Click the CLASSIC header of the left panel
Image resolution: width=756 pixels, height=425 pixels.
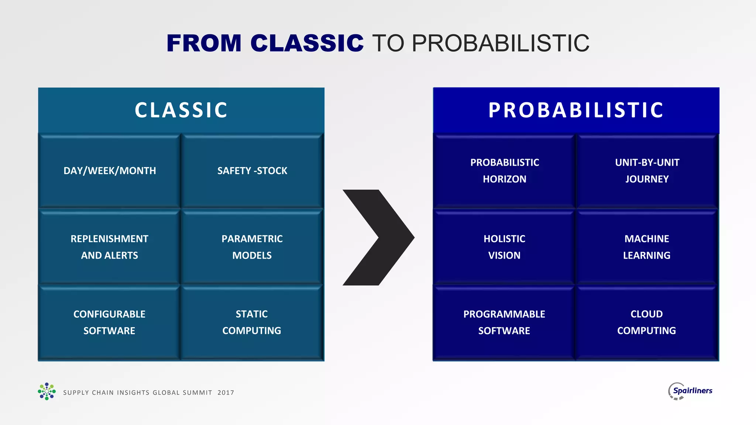(x=181, y=110)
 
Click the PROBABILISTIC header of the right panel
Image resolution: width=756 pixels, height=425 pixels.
(x=576, y=110)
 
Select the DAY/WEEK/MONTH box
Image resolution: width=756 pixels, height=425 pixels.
(x=110, y=171)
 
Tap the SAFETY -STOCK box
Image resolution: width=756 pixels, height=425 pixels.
(x=252, y=171)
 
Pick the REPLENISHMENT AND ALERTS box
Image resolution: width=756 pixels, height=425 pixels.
(x=110, y=247)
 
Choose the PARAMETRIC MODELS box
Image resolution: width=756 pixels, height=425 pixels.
(x=252, y=247)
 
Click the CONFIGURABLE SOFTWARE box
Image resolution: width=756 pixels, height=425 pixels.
(x=110, y=322)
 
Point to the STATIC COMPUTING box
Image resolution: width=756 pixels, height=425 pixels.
(x=252, y=322)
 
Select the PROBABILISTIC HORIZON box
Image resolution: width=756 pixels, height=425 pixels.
(x=505, y=171)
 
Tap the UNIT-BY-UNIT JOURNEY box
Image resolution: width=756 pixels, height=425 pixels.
(x=647, y=171)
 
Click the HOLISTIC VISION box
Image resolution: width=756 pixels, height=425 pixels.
(x=505, y=247)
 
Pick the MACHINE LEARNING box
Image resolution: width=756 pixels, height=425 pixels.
(x=647, y=247)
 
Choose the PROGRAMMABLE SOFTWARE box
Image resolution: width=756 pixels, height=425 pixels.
(x=505, y=322)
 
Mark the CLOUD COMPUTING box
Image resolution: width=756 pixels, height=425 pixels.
(x=647, y=322)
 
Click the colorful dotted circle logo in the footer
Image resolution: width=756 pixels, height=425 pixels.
(x=47, y=391)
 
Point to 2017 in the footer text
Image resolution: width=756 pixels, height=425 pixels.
(x=226, y=393)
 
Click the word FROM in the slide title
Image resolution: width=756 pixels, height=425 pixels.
(x=204, y=43)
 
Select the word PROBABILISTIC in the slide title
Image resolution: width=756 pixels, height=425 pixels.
(x=500, y=43)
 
